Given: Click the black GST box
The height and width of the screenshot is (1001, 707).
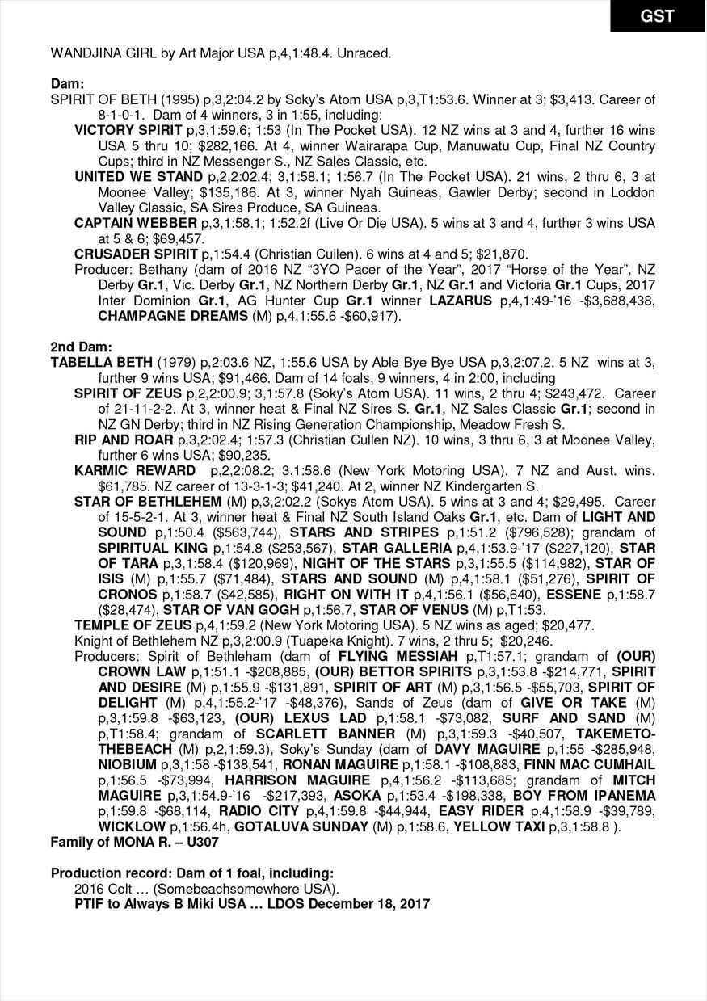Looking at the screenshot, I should pos(657,16).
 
